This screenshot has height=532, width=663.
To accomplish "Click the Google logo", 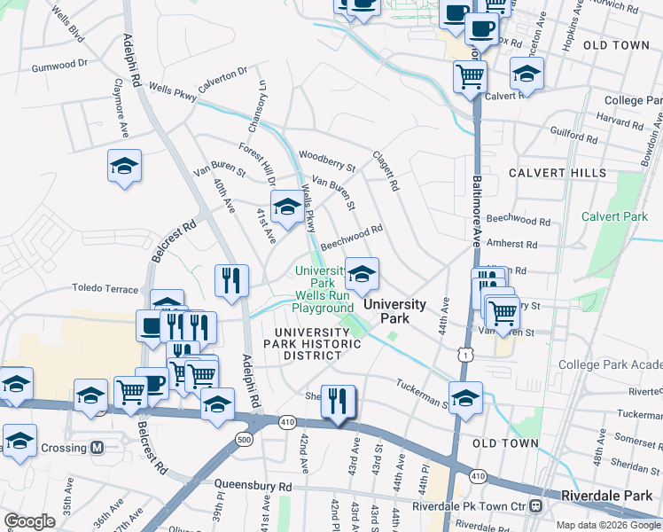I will point(29,521).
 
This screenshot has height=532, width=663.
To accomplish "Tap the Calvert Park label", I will point(614,216).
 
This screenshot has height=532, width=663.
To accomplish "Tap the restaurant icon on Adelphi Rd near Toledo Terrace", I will point(230,280).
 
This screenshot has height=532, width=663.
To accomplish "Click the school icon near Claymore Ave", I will point(124,166).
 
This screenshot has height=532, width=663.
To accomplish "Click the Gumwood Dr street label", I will point(60,66).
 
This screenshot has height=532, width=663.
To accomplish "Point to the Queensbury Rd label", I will point(253,487).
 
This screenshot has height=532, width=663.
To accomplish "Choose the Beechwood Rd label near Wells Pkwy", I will point(351,235).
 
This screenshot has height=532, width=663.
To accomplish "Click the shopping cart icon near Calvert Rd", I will point(470,76).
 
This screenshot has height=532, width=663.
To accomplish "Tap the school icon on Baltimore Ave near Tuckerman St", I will point(465,398).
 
